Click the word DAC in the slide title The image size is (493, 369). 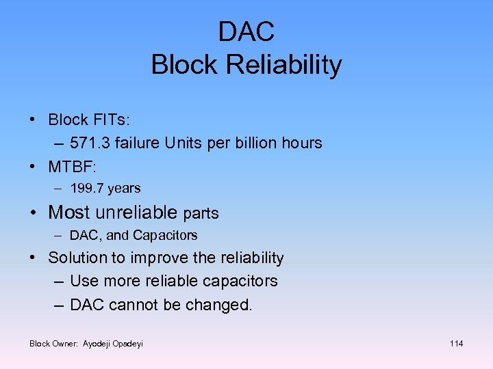click(x=246, y=31)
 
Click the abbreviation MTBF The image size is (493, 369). click(x=71, y=166)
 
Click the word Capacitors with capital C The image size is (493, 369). click(x=165, y=235)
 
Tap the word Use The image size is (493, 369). click(x=84, y=281)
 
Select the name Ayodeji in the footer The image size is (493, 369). click(x=101, y=343)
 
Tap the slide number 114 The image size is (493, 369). click(x=456, y=343)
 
